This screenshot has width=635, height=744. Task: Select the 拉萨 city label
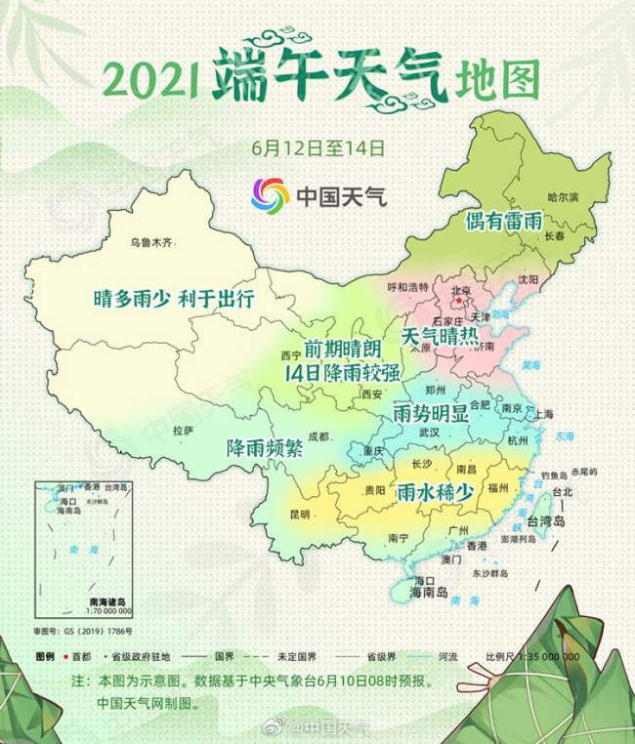183,431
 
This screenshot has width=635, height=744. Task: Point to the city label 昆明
299,514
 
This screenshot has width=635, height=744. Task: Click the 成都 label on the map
318,436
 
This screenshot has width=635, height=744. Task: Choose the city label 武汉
429,432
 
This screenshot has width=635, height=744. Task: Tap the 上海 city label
545,413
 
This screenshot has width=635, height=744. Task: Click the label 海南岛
428,592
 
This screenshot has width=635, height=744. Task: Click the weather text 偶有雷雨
503,220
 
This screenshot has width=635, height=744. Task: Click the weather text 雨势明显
430,411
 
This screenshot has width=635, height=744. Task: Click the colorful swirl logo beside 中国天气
270,196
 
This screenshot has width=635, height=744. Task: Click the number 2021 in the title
152,79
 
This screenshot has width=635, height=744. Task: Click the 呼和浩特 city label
408,287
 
